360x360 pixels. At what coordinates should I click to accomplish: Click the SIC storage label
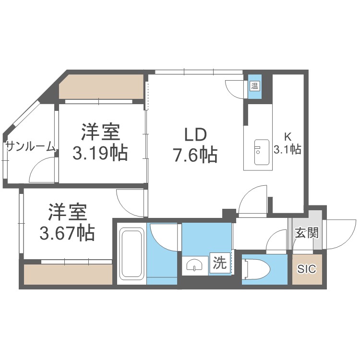pyautogui.click(x=306, y=269)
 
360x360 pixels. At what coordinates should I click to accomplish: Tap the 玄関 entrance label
pyautogui.click(x=306, y=233)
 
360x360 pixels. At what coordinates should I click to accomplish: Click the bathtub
pyautogui.click(x=131, y=253)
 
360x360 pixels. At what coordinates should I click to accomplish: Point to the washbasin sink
pyautogui.click(x=195, y=265)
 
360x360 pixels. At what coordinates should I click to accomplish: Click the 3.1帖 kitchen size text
pyautogui.click(x=287, y=150)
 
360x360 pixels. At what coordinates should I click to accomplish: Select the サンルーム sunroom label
pyautogui.click(x=30, y=147)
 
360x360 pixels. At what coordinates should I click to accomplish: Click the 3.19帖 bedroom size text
pyautogui.click(x=100, y=153)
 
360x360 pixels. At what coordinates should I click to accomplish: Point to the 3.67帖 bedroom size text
pyautogui.click(x=67, y=233)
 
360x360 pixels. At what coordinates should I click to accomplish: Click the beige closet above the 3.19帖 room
pyautogui.click(x=100, y=86)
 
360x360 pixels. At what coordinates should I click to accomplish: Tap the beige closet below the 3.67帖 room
pyautogui.click(x=68, y=274)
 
